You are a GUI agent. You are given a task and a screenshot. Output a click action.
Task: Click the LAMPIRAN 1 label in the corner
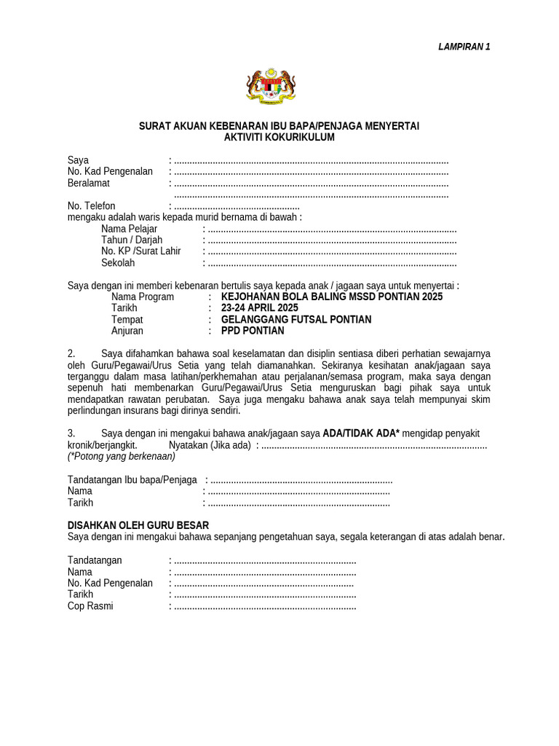coord(464,47)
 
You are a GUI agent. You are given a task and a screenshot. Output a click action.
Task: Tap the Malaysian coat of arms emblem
coord(272,87)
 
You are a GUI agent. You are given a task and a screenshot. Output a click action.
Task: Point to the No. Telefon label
coord(92,206)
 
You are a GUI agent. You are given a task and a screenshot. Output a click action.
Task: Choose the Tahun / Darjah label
coord(132,240)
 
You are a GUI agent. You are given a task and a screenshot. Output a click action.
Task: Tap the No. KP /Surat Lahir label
coord(140,251)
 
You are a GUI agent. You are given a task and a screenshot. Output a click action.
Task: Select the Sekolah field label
coord(118,263)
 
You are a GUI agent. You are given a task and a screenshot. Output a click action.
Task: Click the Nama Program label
coord(143,297)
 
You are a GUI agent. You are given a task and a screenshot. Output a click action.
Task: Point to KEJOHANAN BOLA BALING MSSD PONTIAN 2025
coord(331,297)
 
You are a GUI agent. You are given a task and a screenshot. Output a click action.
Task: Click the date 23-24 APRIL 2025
coord(259,308)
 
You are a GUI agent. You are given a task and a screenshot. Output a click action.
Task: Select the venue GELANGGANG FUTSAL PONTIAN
coord(296,320)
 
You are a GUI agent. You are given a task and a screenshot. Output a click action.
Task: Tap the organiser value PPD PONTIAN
coord(253,331)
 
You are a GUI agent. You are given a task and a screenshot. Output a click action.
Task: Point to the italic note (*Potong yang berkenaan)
coord(122,456)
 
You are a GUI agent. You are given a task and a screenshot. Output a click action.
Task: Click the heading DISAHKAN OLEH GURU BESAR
coord(138,525)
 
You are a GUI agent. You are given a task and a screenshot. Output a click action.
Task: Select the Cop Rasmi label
coord(90,606)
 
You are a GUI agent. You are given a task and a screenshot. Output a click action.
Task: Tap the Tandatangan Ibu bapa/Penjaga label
coord(132,479)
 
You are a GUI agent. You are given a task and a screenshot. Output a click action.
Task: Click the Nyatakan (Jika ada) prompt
coord(210,444)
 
